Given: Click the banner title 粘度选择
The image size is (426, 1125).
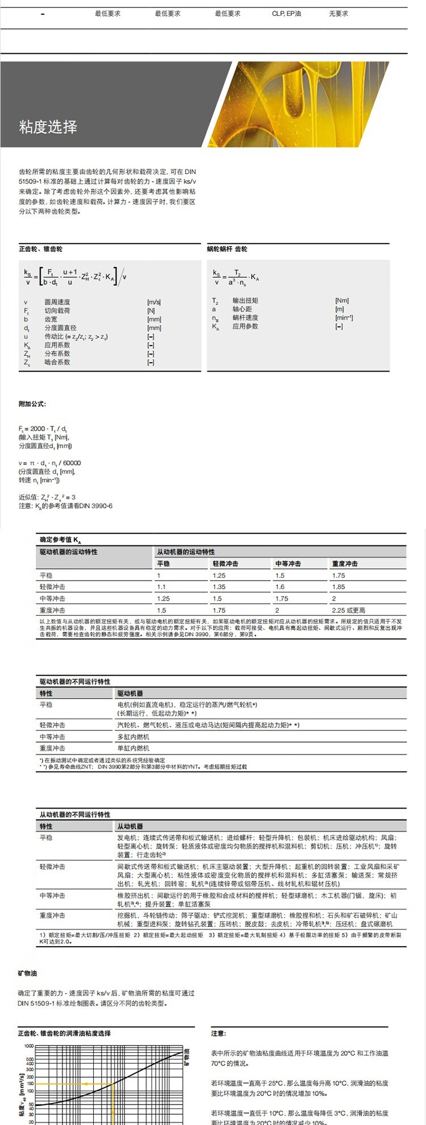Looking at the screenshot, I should click(48, 127).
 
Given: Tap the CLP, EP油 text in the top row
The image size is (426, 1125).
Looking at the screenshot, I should click(286, 14).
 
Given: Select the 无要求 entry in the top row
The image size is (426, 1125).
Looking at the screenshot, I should click(339, 14).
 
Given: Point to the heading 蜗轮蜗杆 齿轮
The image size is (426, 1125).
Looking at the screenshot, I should click(227, 249).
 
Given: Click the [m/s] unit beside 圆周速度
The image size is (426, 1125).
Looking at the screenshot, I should click(154, 302).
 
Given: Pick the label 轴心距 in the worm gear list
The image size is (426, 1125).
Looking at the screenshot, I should click(242, 309).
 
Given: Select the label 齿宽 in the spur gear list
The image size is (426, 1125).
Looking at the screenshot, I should click(51, 319).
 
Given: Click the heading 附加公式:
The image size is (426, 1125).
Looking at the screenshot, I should click(32, 404).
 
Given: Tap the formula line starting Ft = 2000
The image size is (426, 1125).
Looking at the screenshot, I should click(43, 428).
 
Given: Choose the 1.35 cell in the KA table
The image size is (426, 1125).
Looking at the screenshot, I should click(219, 587).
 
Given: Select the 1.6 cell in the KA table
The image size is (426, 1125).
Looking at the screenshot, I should click(280, 587).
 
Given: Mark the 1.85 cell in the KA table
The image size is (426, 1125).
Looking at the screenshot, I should click(339, 587).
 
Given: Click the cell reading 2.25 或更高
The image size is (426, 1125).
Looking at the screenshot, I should click(349, 610).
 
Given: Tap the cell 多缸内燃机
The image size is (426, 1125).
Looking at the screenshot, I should click(133, 737).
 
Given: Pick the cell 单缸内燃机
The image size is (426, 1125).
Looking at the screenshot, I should click(133, 748).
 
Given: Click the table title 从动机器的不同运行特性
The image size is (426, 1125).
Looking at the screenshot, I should click(75, 814).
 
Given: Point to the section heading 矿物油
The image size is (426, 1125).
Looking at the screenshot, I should click(27, 974).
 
